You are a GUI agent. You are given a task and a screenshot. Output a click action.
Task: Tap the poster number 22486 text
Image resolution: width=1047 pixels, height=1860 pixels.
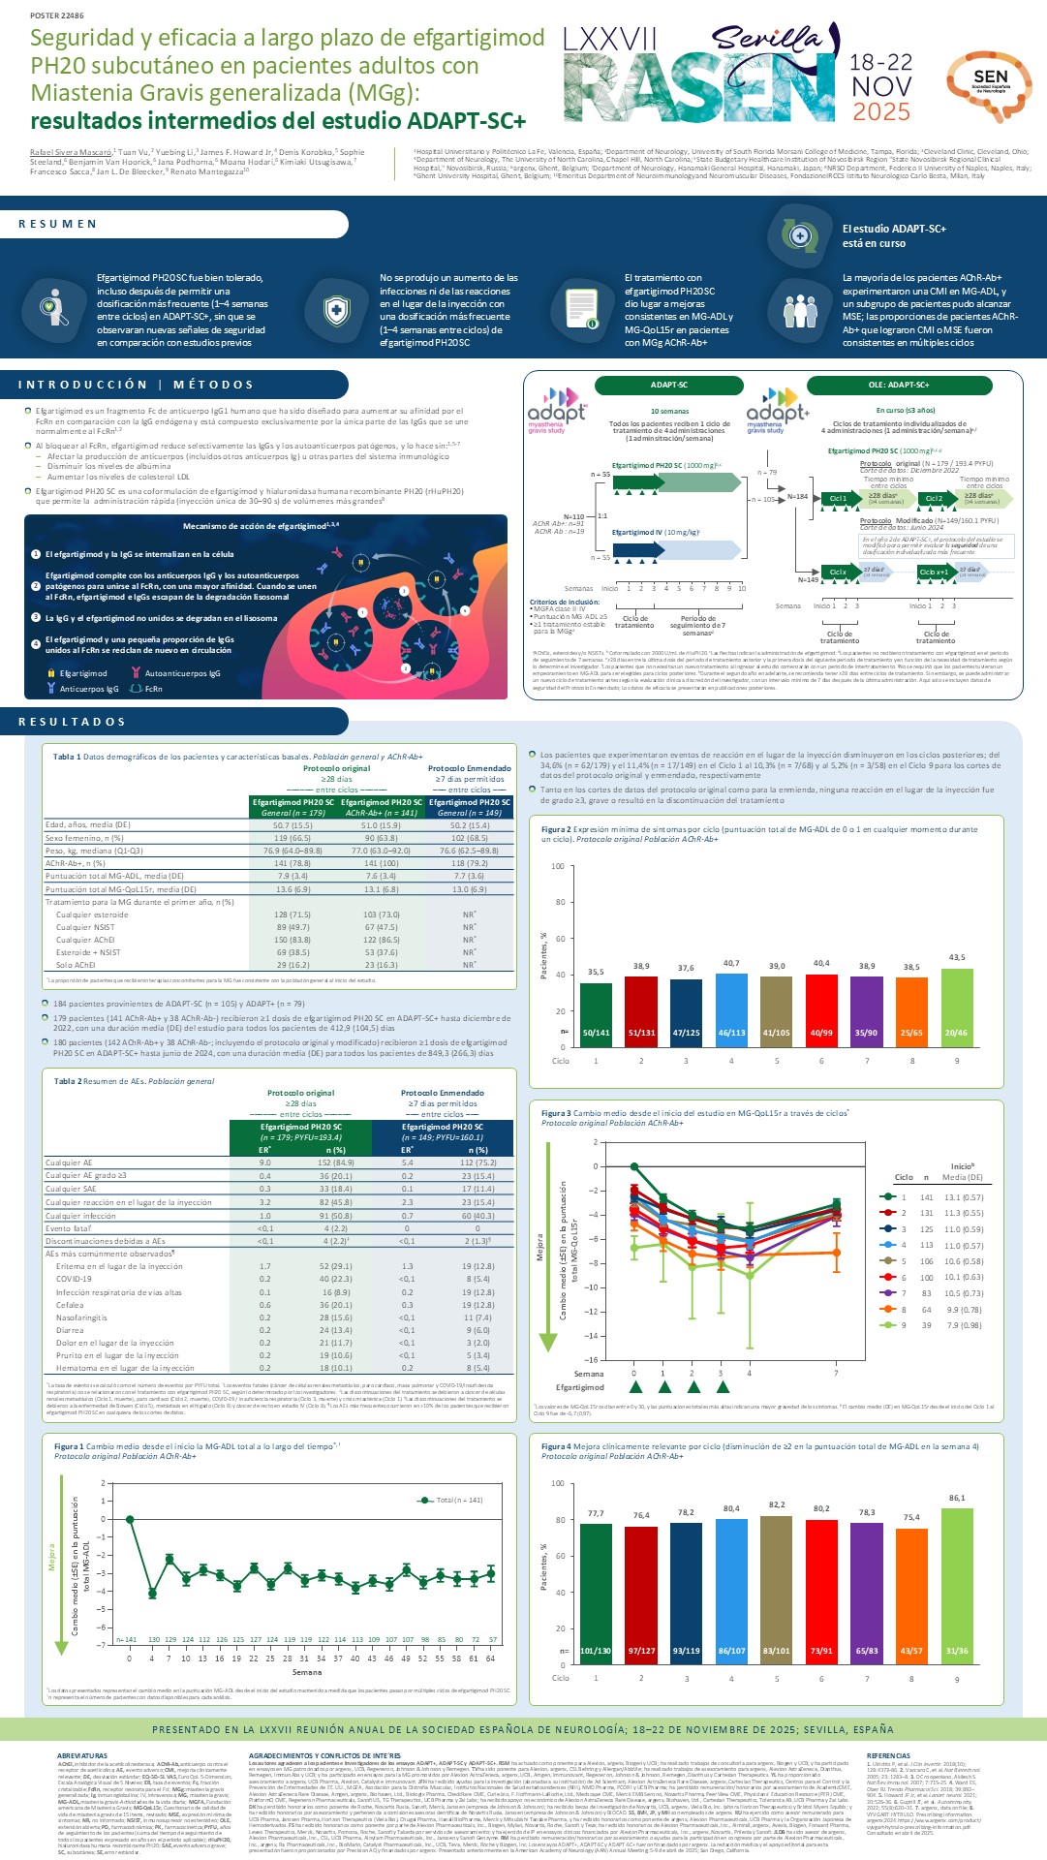[57, 16]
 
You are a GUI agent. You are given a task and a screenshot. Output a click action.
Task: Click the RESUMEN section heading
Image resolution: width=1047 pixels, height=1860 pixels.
[58, 224]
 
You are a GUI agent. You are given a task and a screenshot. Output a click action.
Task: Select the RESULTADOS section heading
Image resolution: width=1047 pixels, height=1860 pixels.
[72, 722]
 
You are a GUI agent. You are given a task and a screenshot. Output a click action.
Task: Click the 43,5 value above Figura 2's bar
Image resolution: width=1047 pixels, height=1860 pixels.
[956, 957]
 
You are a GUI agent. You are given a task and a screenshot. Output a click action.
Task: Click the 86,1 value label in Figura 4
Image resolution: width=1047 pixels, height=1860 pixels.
[956, 1498]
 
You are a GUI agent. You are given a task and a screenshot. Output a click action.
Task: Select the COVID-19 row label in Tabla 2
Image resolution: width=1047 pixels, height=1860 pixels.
[74, 1279]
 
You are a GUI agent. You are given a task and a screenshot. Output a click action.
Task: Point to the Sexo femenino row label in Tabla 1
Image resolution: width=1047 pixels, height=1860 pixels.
[84, 838]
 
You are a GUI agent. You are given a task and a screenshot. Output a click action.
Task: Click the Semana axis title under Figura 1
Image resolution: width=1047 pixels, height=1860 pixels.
[307, 1672]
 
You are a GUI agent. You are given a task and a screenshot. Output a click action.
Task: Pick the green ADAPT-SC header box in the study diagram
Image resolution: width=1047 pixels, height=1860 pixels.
[669, 385]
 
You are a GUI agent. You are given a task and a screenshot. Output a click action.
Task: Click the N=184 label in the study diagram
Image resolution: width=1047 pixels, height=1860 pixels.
[797, 496]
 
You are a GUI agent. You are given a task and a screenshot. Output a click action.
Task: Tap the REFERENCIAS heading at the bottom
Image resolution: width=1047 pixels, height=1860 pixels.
[888, 1755]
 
